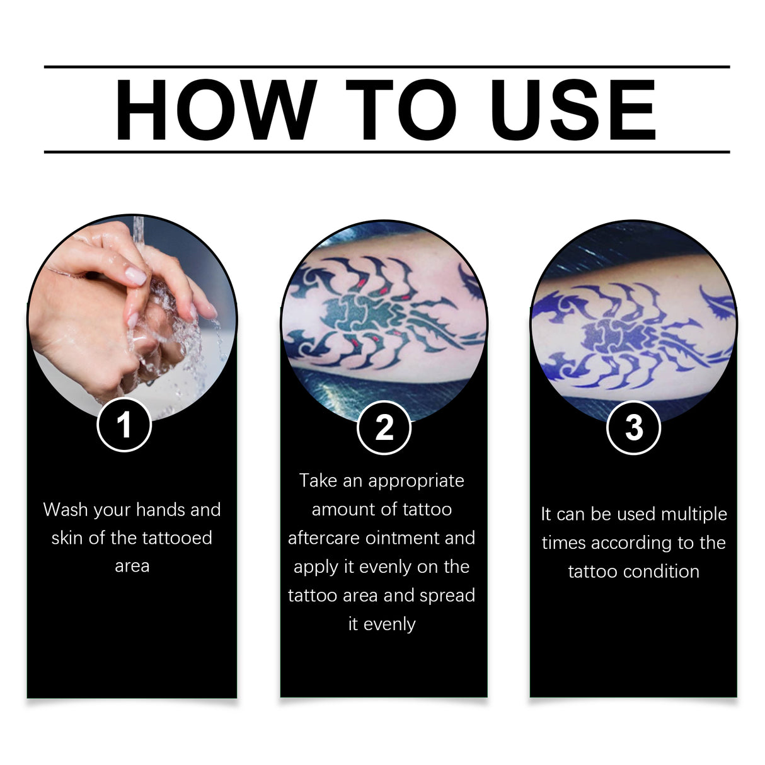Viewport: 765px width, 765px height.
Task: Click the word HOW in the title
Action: click(215, 110)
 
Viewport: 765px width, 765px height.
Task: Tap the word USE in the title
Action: click(573, 110)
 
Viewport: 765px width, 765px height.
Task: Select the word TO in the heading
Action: click(401, 110)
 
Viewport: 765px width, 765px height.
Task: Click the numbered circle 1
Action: click(124, 425)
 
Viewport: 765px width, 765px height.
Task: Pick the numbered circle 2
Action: click(384, 428)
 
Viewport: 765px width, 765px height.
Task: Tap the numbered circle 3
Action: click(633, 428)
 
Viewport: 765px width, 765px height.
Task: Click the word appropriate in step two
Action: click(416, 481)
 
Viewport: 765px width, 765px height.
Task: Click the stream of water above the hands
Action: click(138, 233)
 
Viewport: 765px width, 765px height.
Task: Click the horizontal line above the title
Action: click(386, 66)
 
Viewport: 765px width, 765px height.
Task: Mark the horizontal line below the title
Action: click(386, 152)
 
